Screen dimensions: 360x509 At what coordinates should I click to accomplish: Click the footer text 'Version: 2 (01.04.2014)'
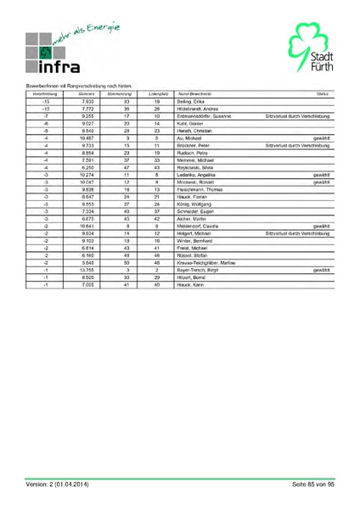(x=56, y=484)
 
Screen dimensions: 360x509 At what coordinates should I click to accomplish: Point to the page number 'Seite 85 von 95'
(x=313, y=484)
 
